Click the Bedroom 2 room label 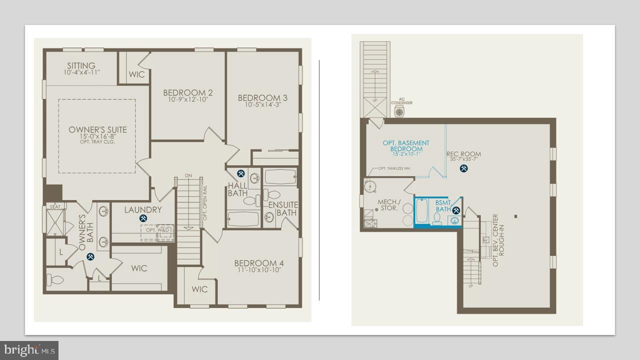point(188,93)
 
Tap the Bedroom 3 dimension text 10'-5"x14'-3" point(262,105)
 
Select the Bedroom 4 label point(259,263)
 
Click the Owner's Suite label point(98,130)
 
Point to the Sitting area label point(81,66)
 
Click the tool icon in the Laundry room point(143,218)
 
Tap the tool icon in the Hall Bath point(241,173)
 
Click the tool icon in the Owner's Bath point(90,256)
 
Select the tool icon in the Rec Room point(463,168)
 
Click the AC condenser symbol point(399,111)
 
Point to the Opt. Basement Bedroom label point(406,146)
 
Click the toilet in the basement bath point(437,218)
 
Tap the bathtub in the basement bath point(421,212)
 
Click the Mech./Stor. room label point(387,205)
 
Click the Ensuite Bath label point(283,208)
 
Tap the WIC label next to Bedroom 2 point(136,74)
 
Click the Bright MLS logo point(29,349)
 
